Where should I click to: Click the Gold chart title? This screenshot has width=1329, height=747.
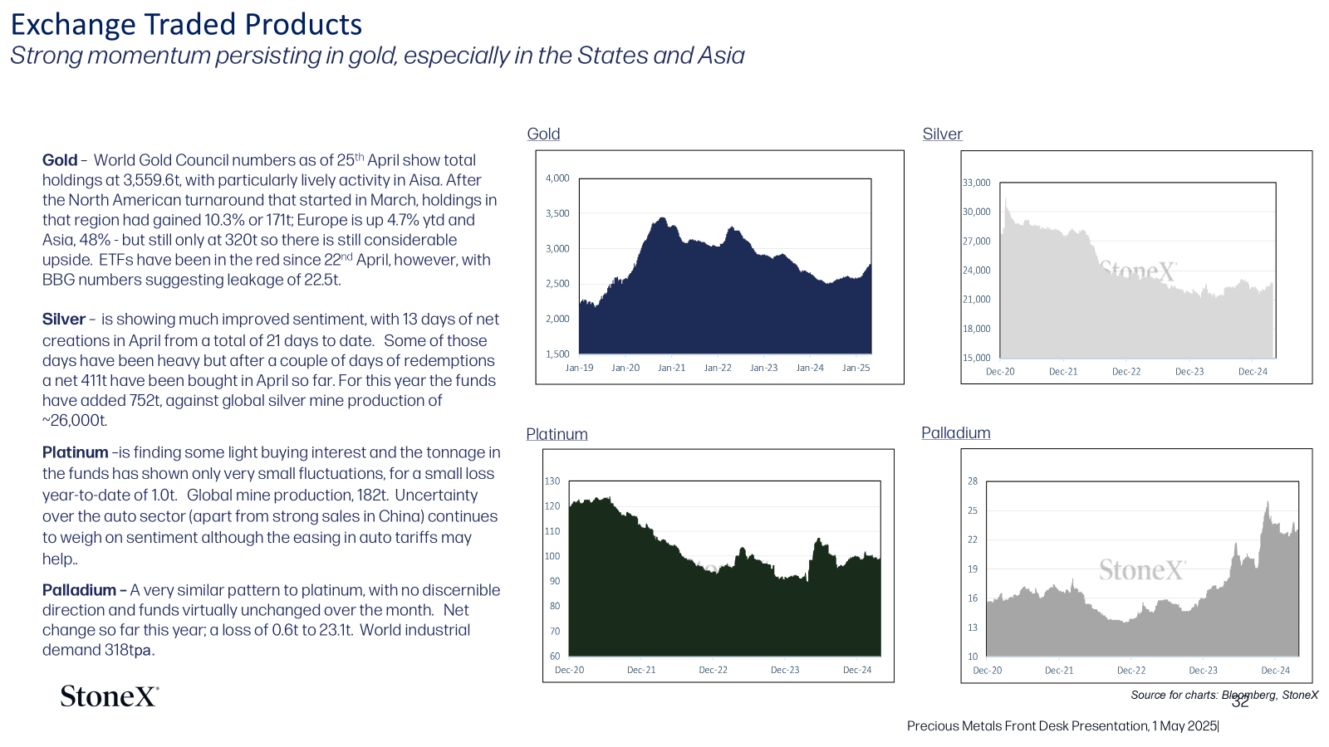coord(543,134)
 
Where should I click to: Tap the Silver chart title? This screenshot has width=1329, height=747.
coord(942,134)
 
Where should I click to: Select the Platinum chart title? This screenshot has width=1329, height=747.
coord(557,434)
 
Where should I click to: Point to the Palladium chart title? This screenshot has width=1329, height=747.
coord(956,432)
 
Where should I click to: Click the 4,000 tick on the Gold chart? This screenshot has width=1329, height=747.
coord(557,178)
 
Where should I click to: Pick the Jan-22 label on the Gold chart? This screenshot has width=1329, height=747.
coord(718,368)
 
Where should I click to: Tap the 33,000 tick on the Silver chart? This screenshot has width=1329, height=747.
coord(977,183)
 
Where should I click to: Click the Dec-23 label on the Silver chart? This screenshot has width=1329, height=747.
coord(1189,372)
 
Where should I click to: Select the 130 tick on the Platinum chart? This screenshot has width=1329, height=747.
coord(552,481)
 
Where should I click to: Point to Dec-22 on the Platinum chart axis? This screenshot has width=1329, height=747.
coord(714,670)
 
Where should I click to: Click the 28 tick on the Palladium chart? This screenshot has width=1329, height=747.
coord(973,481)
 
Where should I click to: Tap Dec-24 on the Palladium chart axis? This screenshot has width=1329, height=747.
coord(1275,671)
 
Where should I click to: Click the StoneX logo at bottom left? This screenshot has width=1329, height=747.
coord(110,696)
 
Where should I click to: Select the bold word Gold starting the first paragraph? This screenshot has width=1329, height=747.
coord(59,160)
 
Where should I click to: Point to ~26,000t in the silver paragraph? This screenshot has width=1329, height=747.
coord(74,420)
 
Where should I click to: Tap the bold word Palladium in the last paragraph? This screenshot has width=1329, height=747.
coord(79,590)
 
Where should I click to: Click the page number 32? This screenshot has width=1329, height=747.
coord(1241,702)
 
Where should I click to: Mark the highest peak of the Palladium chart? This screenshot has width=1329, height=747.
coord(1268,502)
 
